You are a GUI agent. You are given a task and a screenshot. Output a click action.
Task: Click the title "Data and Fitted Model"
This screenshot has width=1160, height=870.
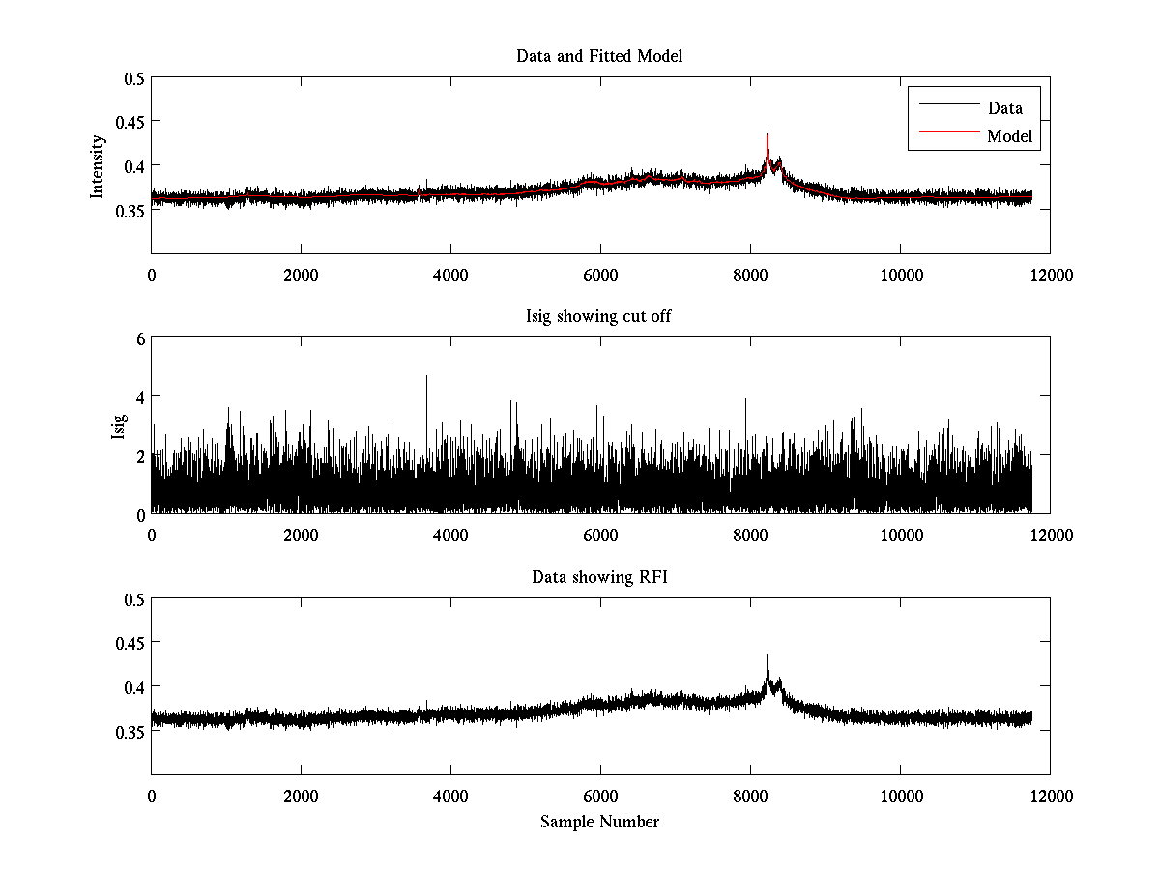(x=599, y=56)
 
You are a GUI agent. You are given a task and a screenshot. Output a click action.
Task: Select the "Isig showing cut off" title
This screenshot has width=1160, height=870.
(x=599, y=317)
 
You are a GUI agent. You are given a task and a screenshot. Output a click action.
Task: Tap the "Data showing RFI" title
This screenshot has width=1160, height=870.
(x=599, y=577)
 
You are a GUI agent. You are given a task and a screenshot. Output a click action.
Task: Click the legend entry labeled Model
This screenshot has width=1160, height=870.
(x=1009, y=136)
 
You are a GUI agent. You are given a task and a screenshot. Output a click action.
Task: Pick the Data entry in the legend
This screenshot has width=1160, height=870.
(x=1004, y=107)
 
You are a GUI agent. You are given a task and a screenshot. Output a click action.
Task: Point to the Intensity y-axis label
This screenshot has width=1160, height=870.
(x=98, y=166)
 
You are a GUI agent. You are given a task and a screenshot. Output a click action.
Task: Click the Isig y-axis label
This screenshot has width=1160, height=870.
(x=118, y=426)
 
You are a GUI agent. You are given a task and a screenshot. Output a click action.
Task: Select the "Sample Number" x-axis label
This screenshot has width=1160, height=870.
(x=599, y=822)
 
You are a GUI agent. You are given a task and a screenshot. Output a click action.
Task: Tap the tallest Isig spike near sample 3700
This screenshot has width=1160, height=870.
(x=426, y=377)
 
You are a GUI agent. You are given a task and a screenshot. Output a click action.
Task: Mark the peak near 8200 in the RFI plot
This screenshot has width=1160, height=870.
(x=768, y=654)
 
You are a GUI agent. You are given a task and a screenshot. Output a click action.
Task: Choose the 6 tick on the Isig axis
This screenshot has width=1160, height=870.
(x=141, y=338)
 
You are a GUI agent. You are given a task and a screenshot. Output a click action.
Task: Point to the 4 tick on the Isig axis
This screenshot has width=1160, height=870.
(x=141, y=396)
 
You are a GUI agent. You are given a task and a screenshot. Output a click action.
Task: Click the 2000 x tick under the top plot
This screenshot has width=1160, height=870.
(x=301, y=275)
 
